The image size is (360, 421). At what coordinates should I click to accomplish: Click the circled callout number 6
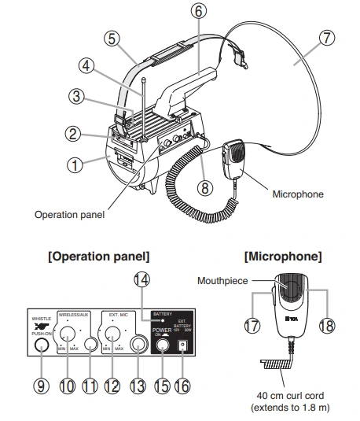198,13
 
